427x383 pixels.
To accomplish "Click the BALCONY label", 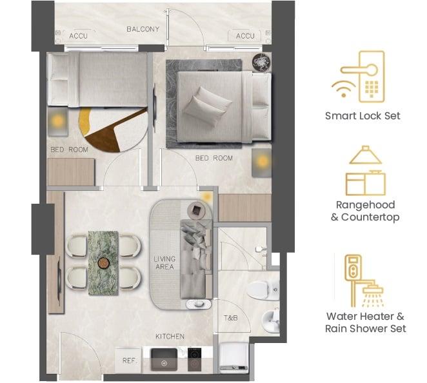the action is tap(143, 29).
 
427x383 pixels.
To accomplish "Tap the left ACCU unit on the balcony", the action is tap(79, 35).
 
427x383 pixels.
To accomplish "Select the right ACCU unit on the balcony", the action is tap(245, 35).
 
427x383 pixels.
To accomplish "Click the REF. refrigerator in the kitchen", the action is tap(128, 360).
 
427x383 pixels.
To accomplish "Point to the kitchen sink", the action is tap(164, 359).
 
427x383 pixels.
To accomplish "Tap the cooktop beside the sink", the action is tap(194, 359).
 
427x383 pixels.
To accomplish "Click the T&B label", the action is tap(231, 318).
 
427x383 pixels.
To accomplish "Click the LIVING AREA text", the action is tap(164, 262).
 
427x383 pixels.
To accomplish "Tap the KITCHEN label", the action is tap(170, 337).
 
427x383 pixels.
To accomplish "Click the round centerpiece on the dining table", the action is tap(103, 263).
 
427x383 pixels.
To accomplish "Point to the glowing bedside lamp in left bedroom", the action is tap(58, 121).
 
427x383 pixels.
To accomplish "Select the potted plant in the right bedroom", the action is tap(261, 62).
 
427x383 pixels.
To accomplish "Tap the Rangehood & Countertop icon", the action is tap(366, 170).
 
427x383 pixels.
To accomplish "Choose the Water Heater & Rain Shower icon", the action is tap(364, 280).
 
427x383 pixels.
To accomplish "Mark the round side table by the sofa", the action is tap(196, 210).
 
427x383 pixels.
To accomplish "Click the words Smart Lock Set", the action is tap(362, 116).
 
